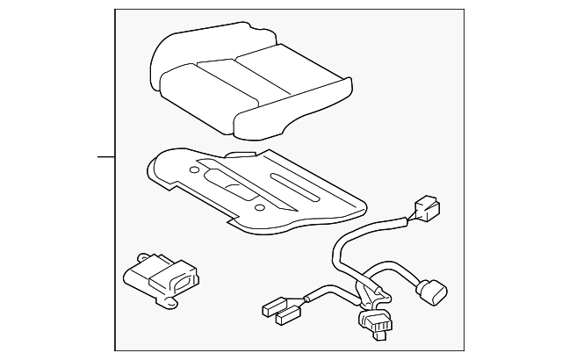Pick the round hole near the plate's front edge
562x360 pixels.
click(x=260, y=207)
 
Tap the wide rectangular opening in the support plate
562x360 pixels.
click(x=237, y=187)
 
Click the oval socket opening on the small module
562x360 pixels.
click(x=179, y=283)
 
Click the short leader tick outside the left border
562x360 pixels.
click(x=106, y=157)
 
